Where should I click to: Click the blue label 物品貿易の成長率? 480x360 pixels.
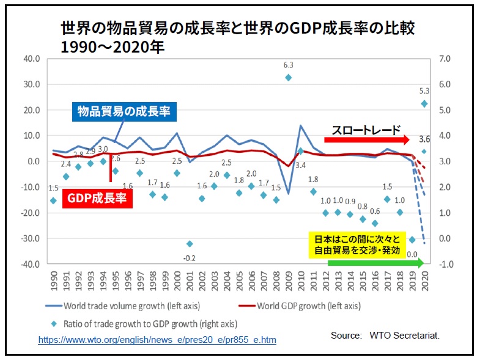click(123, 111)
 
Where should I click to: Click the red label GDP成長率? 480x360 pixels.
click(96, 198)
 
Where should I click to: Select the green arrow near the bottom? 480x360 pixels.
click(375, 263)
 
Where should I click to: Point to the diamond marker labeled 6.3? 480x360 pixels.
click(288, 78)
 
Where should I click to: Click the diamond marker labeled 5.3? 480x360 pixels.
click(424, 104)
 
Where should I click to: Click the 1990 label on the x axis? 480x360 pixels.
click(53, 282)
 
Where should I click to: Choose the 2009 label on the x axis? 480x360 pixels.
click(288, 282)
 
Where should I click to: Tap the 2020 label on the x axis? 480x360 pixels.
click(424, 282)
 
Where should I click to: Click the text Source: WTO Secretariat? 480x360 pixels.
click(385, 336)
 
